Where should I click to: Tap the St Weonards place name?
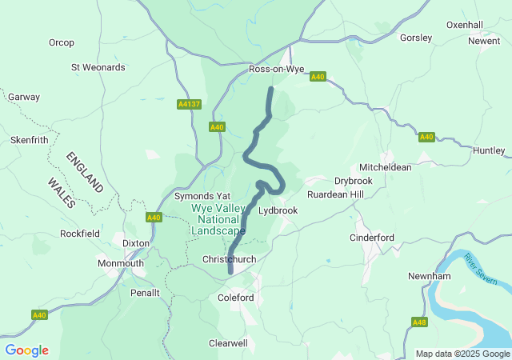tap(98, 67)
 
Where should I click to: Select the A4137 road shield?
tap(188, 103)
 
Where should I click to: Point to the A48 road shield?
tap(419, 322)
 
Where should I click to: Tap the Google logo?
tap(26, 350)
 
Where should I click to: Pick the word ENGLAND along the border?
tap(85, 171)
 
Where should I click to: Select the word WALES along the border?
tap(61, 193)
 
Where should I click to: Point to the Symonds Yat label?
tap(202, 196)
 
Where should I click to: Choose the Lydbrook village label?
tap(278, 210)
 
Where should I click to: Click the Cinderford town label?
tap(372, 238)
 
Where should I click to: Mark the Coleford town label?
tap(236, 298)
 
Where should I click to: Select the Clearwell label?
tap(228, 342)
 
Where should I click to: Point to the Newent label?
tap(484, 41)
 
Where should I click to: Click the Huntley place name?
tap(489, 150)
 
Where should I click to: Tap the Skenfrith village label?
tap(30, 139)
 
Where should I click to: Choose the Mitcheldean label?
tap(386, 167)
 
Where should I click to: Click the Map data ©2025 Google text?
tap(462, 354)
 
